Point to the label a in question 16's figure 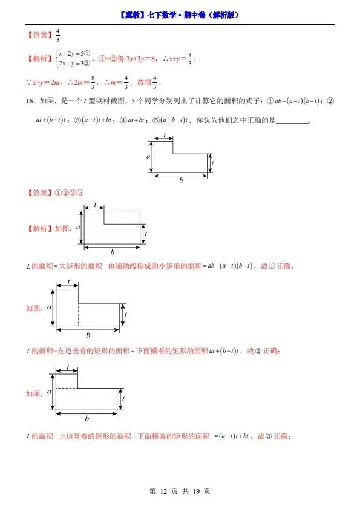[x=148, y=156]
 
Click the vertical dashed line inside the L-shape [x=79, y=315]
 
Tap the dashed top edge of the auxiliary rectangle [x=123, y=211]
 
